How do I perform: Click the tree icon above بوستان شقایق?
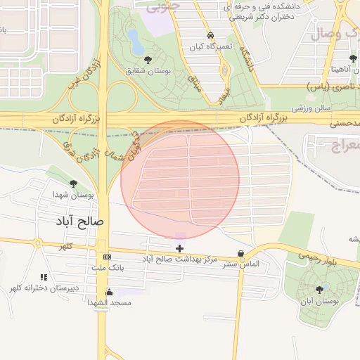(148, 60)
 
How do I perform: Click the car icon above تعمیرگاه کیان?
(210, 35)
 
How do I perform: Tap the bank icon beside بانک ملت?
(107, 257)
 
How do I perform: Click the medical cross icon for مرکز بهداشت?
(180, 247)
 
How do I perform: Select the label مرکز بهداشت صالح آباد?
(180, 259)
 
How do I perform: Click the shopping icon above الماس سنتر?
(241, 254)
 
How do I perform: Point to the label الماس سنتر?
(242, 264)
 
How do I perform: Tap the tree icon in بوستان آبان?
(320, 289)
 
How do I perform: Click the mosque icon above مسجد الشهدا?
(109, 292)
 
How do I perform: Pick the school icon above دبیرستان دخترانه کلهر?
(44, 277)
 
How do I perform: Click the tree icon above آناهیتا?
(352, 58)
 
